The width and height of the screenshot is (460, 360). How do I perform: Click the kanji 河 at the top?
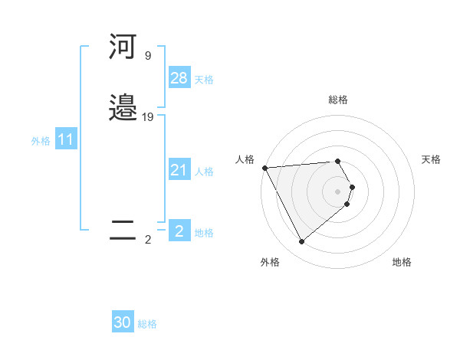123,47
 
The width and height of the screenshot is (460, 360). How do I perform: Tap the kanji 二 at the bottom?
123,231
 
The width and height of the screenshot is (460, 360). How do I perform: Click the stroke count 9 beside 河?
147,56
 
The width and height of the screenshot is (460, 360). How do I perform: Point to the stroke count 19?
148,117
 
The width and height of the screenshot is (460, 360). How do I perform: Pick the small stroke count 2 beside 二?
148,240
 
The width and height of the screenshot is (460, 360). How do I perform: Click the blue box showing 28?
179,77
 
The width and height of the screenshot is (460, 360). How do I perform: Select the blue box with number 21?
179,170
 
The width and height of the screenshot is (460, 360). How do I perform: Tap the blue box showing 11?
65,139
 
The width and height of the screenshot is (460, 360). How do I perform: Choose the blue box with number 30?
123,322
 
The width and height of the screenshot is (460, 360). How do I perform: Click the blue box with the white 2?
179,231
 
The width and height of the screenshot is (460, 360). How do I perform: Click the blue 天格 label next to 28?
204,80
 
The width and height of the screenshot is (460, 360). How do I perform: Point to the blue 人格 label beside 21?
204,172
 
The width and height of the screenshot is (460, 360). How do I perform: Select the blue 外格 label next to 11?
40,141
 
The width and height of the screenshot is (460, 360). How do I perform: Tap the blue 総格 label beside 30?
147,324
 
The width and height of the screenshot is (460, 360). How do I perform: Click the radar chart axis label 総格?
338,100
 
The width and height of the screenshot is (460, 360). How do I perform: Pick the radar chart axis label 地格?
402,262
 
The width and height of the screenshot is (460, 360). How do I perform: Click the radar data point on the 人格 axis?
264,168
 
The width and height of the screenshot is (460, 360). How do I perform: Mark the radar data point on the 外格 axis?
302,242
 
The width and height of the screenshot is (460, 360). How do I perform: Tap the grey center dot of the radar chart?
338,191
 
